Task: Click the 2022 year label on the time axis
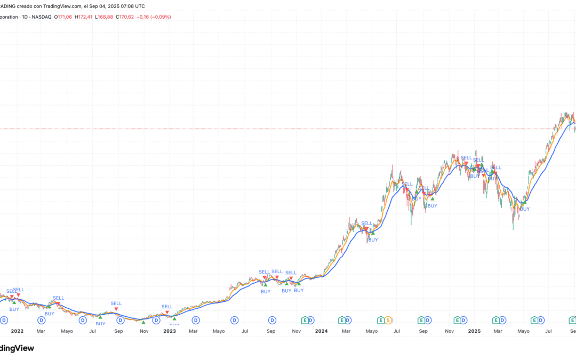[x=17, y=331]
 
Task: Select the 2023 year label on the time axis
[x=169, y=331]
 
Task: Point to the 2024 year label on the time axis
[x=322, y=331]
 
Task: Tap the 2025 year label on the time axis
[x=474, y=331]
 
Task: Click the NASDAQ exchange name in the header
[x=41, y=17]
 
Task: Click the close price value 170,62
[x=126, y=17]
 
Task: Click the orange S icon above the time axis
[x=389, y=320]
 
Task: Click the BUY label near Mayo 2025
[x=525, y=209]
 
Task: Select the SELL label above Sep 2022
[x=116, y=303]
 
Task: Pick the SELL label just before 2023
[x=167, y=307]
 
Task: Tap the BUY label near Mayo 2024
[x=373, y=239]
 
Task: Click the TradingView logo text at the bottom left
[x=16, y=348]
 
